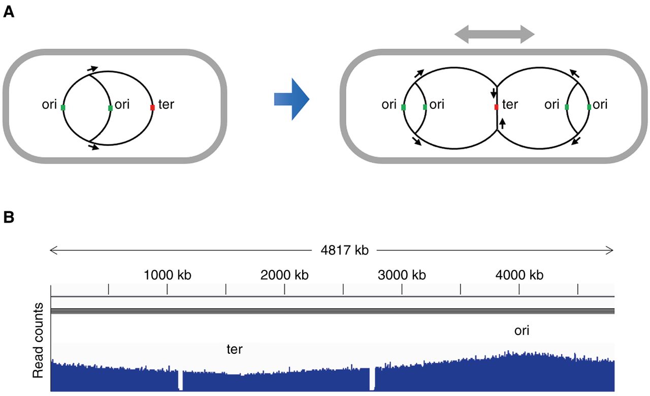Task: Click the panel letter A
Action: [9, 12]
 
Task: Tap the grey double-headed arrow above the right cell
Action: [494, 35]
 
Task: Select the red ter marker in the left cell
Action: [152, 108]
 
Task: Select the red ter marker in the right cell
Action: [496, 107]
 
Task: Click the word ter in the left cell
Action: [166, 105]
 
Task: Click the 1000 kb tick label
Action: [167, 275]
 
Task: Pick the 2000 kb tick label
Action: [284, 275]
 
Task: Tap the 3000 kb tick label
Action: [402, 275]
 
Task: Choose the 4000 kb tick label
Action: [519, 275]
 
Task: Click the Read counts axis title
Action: [38, 342]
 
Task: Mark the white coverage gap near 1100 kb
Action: [180, 380]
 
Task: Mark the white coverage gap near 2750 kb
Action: [372, 379]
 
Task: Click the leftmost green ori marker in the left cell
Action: [63, 108]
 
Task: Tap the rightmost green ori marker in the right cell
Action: [589, 107]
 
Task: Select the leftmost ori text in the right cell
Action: [389, 105]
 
